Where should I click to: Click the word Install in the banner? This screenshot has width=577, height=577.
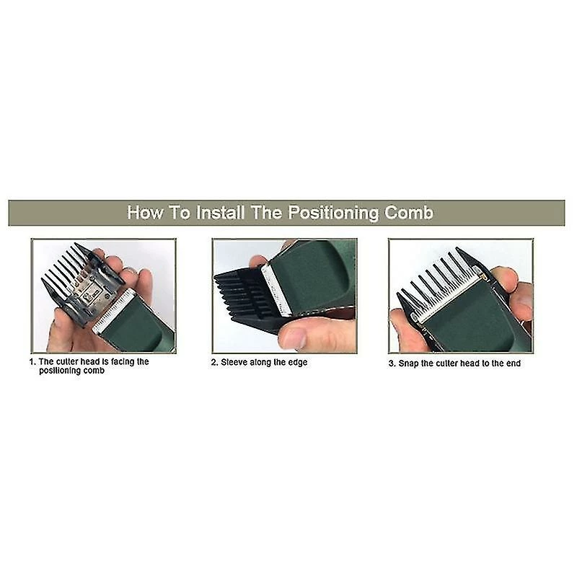tap(221, 213)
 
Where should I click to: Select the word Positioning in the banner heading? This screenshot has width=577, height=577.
tap(333, 213)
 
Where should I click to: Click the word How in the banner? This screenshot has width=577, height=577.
tap(145, 213)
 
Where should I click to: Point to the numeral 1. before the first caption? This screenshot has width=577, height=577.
tap(32, 362)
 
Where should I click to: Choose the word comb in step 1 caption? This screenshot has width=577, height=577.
tap(94, 371)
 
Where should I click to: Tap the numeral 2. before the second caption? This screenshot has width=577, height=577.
tap(214, 363)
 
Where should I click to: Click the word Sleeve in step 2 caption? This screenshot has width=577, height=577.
tap(234, 363)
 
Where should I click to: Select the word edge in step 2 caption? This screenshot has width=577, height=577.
tap(298, 363)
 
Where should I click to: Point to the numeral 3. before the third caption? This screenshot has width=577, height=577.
tap(392, 364)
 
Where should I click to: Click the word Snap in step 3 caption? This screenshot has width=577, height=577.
tap(408, 364)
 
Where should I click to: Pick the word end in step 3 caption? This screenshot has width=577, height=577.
tap(514, 364)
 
